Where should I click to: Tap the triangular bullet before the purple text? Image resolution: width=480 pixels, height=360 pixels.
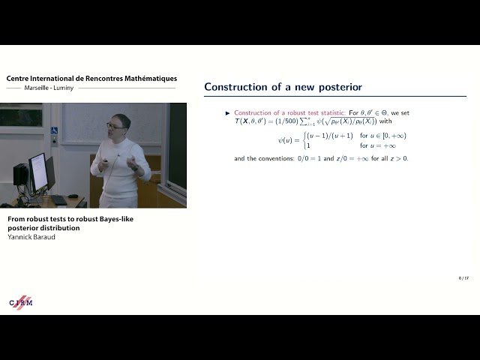228,112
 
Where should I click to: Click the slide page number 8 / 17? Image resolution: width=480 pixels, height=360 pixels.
463,277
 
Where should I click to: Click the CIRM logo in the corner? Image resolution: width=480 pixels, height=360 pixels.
21,301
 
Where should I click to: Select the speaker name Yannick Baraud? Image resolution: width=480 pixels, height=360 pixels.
32,236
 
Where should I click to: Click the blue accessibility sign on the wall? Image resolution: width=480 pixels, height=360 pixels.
54,131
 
